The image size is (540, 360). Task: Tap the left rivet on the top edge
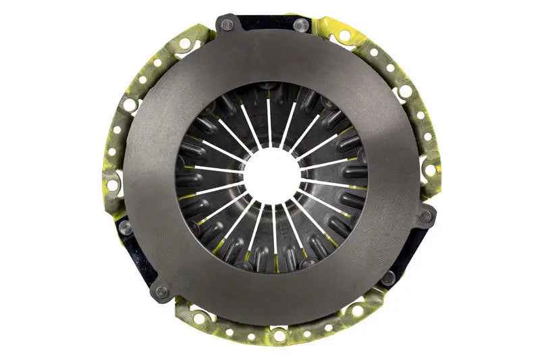pos(227,24)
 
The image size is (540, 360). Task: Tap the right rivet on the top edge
pos(300,26)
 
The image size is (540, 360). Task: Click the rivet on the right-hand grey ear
pos(425,217)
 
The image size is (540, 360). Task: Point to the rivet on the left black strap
pos(126,227)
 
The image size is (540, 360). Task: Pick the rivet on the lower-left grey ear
pos(161,292)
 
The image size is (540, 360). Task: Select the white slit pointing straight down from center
pos(274,233)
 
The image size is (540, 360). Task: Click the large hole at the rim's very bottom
pos(279,335)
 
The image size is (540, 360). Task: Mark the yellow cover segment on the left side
pos(115,135)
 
